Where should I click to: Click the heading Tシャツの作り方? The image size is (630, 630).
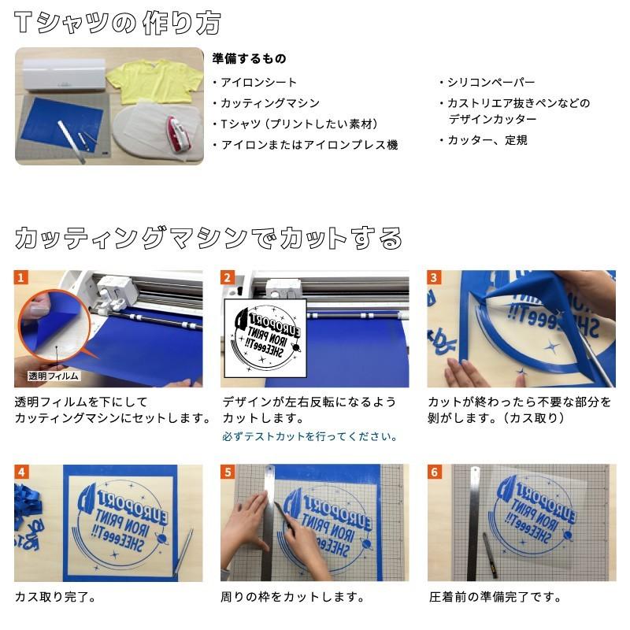click(117, 23)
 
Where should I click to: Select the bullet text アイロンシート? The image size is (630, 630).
click(259, 83)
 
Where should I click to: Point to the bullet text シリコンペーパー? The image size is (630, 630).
click(491, 83)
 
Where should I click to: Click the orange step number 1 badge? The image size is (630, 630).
click(22, 278)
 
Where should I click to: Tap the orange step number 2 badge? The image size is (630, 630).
click(228, 278)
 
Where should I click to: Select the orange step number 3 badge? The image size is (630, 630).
click(435, 278)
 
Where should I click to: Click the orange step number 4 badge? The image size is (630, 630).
click(22, 472)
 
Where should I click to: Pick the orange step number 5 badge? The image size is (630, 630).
click(228, 472)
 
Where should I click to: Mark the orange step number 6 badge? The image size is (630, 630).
click(435, 472)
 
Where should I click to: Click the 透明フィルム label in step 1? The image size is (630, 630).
click(53, 376)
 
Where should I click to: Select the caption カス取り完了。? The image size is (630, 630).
click(55, 596)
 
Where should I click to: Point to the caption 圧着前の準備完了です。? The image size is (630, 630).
click(495, 596)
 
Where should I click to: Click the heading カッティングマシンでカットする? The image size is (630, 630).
click(209, 237)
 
